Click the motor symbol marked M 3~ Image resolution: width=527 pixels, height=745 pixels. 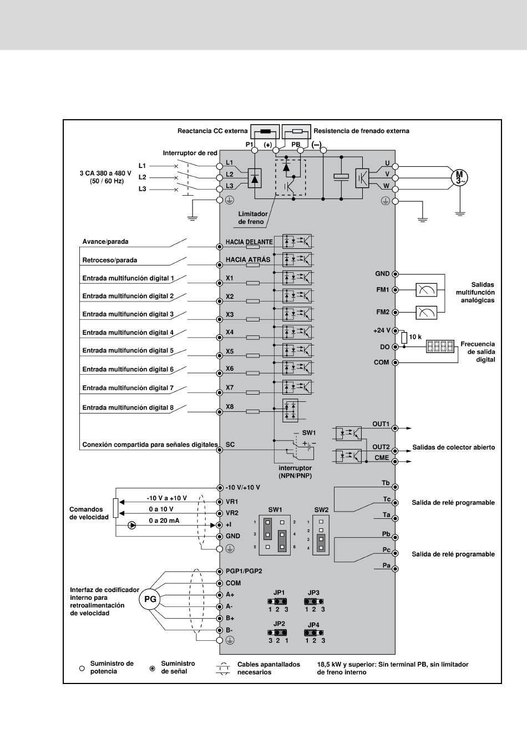[x=459, y=177]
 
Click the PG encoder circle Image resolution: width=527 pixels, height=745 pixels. [x=150, y=599]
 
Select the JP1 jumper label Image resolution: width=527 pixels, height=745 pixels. [x=279, y=593]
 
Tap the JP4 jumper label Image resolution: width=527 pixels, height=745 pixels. [x=313, y=625]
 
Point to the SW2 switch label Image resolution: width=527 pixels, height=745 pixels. [x=321, y=510]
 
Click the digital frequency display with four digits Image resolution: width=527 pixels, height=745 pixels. [x=440, y=346]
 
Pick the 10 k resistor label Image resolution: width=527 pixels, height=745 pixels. [x=415, y=337]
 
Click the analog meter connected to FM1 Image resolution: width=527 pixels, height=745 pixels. [x=427, y=290]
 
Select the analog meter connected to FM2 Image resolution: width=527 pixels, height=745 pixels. [x=427, y=312]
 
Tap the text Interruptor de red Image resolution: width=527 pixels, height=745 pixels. [x=190, y=153]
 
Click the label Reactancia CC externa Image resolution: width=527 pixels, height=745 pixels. [x=212, y=131]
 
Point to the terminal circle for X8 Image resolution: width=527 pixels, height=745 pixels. [x=219, y=412]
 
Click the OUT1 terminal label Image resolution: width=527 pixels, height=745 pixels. [x=381, y=423]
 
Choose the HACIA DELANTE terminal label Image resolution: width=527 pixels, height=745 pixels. [x=249, y=242]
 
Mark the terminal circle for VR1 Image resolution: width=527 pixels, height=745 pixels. [x=219, y=502]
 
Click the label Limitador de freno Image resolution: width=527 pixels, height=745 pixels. [x=252, y=217]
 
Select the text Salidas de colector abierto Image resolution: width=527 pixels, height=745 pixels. [x=453, y=447]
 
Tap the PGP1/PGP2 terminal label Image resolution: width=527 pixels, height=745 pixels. [x=244, y=571]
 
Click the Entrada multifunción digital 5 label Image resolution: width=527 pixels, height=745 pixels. [x=128, y=350]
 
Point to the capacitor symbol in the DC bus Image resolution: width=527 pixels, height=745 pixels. [x=341, y=177]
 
